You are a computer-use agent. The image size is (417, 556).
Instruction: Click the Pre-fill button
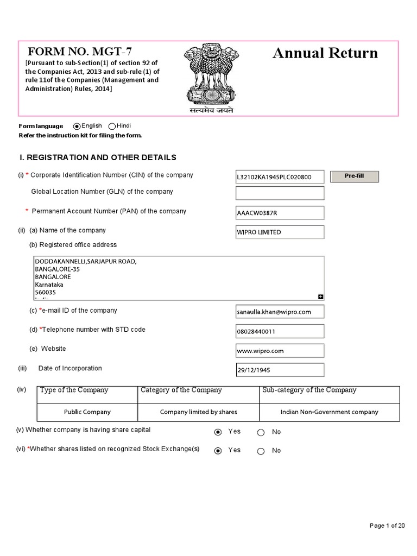354,176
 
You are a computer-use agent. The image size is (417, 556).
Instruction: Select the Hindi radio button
112,126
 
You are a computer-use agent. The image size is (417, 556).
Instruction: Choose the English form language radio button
77,126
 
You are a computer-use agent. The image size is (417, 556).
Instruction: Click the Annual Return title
325,53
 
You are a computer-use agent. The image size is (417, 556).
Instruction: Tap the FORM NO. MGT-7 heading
80,52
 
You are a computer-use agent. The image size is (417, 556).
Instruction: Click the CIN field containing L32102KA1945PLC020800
280,177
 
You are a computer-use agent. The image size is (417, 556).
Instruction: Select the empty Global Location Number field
280,193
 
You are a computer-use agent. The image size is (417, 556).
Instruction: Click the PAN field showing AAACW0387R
280,213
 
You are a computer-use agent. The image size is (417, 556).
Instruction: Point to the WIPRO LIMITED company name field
280,232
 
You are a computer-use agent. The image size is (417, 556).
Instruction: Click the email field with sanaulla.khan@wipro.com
280,312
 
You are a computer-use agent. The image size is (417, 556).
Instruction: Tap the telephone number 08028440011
280,331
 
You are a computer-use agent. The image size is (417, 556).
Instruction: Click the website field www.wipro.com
280,351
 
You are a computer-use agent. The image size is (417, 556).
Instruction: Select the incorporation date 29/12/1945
280,370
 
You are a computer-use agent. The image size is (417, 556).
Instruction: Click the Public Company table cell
87,412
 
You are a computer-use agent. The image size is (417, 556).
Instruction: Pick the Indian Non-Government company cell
329,412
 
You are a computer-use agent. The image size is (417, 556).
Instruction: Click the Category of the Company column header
181,390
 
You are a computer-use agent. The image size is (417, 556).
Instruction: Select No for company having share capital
261,432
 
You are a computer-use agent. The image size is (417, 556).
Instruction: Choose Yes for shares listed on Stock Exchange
218,451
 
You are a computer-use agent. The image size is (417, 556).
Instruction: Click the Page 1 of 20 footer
387,525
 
